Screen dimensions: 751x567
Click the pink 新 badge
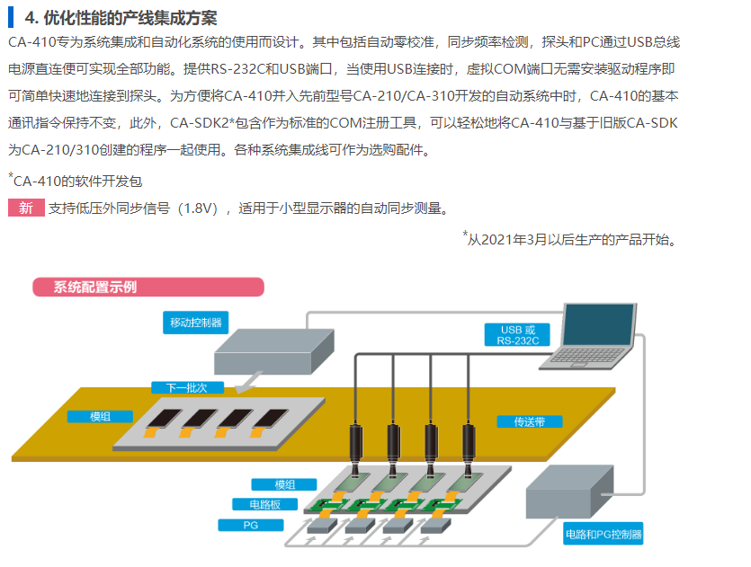(x=26, y=208)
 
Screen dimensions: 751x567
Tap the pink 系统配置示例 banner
(x=148, y=287)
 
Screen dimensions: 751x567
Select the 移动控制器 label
(x=196, y=323)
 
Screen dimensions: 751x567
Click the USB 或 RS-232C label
(x=517, y=335)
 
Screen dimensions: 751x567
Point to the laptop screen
(x=598, y=323)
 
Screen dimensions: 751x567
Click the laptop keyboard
(x=586, y=357)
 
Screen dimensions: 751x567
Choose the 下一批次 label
(x=187, y=387)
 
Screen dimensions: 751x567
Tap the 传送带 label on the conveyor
(x=530, y=421)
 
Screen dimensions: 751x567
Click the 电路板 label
(x=264, y=504)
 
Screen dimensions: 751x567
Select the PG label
(x=251, y=525)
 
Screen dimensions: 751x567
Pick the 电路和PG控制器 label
(x=603, y=534)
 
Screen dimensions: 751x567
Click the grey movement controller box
(x=274, y=352)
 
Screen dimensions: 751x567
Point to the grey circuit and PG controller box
(x=569, y=492)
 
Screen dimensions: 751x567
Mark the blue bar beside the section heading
(x=11, y=17)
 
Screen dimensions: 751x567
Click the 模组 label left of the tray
(x=100, y=417)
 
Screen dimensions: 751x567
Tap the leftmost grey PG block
(x=322, y=526)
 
